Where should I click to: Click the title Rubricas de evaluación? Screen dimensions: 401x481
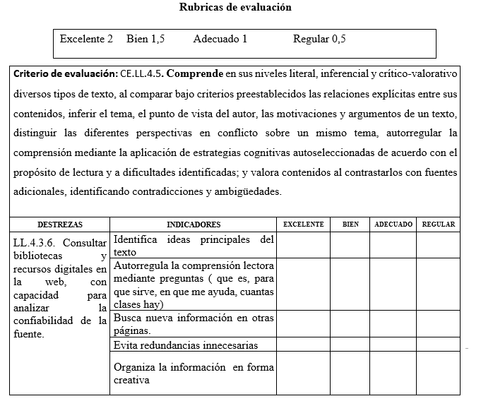[235, 8]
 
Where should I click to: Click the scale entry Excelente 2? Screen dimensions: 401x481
[86, 39]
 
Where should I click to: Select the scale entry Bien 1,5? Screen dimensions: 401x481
[146, 39]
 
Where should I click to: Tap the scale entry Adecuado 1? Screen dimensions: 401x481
[220, 39]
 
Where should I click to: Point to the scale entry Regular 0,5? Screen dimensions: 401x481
[319, 39]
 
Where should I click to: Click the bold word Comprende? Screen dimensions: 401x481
[194, 73]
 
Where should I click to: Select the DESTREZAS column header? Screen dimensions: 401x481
[60, 225]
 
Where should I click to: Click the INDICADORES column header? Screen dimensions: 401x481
[193, 225]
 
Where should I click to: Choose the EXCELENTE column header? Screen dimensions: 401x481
[303, 225]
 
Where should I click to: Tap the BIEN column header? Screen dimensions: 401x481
[350, 225]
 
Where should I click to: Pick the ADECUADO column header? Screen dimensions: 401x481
[393, 225]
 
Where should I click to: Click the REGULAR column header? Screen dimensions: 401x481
[439, 225]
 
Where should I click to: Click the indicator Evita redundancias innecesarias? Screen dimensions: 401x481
[185, 345]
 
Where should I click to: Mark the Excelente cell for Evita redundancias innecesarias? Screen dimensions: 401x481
[303, 345]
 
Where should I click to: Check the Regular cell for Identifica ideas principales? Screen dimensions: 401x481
[438, 246]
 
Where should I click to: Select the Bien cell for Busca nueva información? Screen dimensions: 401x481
[350, 324]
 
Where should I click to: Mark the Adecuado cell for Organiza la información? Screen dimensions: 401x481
[393, 373]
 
